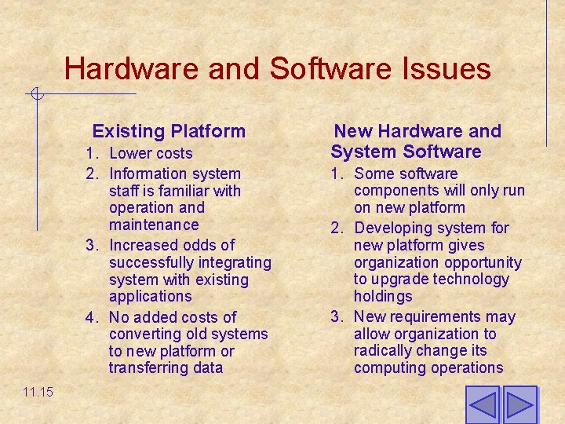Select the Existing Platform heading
coord(169,131)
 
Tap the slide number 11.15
coord(38,391)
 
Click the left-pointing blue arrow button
coord(482,405)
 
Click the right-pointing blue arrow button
coord(519,405)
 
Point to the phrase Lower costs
coord(151,153)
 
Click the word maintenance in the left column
coord(154,225)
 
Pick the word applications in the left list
coord(150,296)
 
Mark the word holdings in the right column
coord(382,296)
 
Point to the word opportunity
coord(482,262)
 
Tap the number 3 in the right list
coord(335,316)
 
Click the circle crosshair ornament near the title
coord(35,94)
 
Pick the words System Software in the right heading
coord(406,152)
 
